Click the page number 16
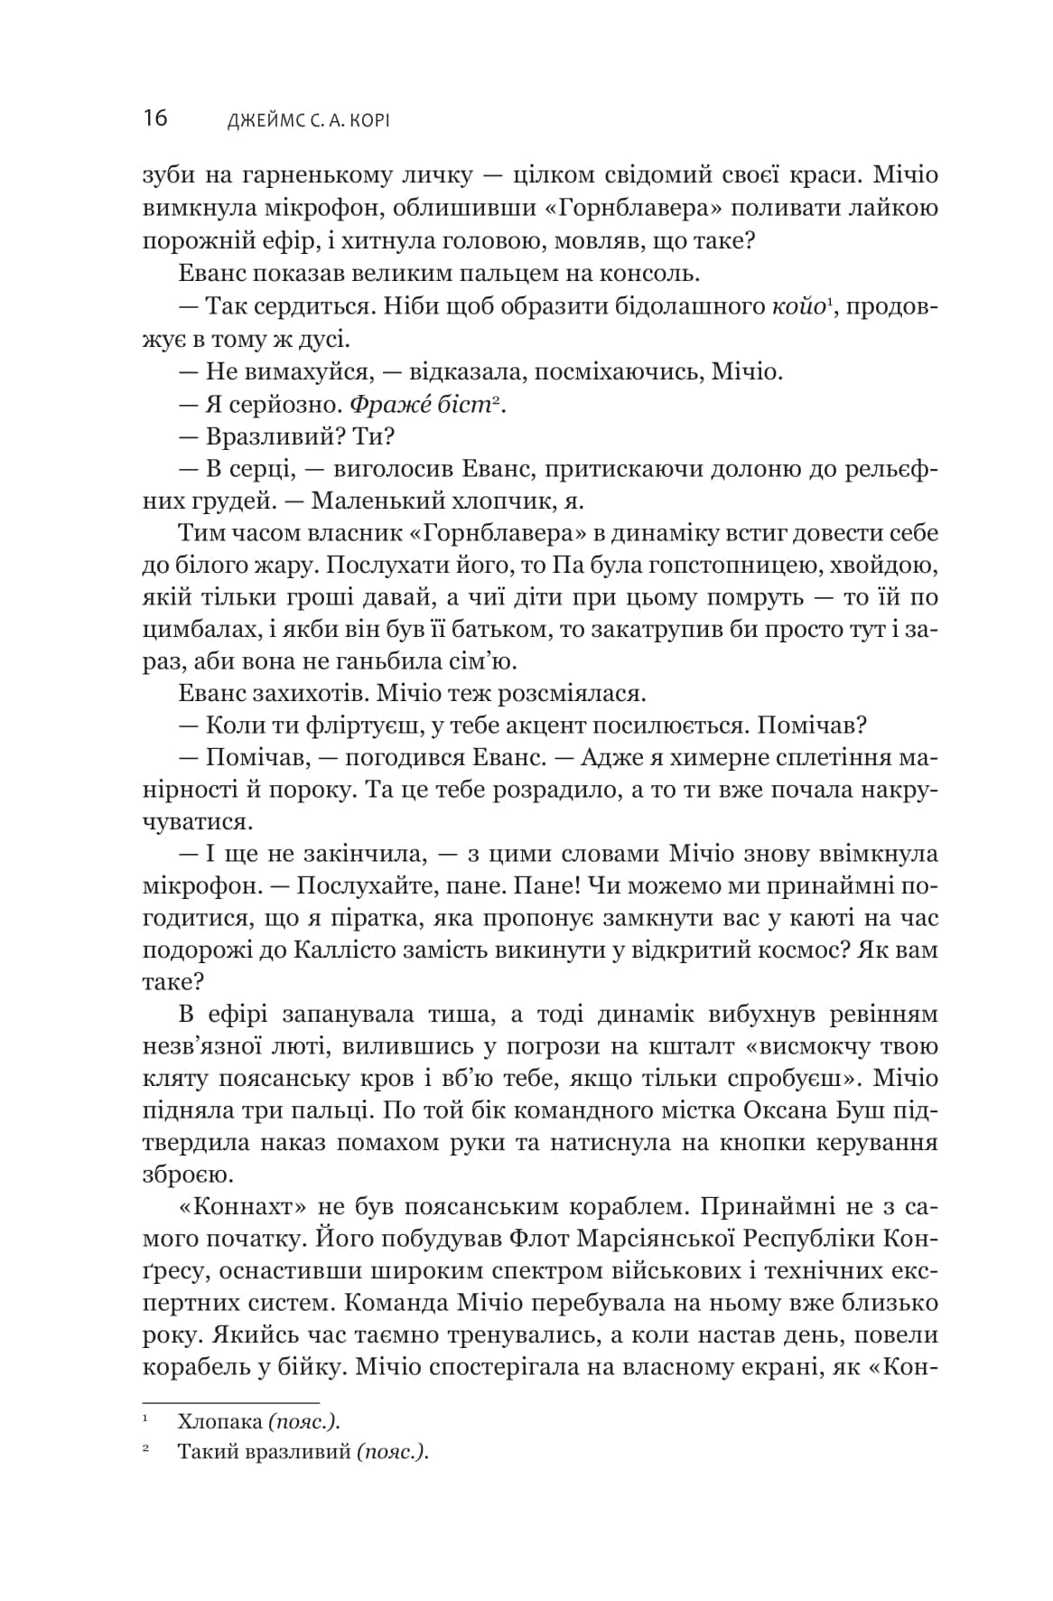pos(154,118)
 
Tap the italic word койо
pos(798,306)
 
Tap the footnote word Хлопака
pos(219,1421)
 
